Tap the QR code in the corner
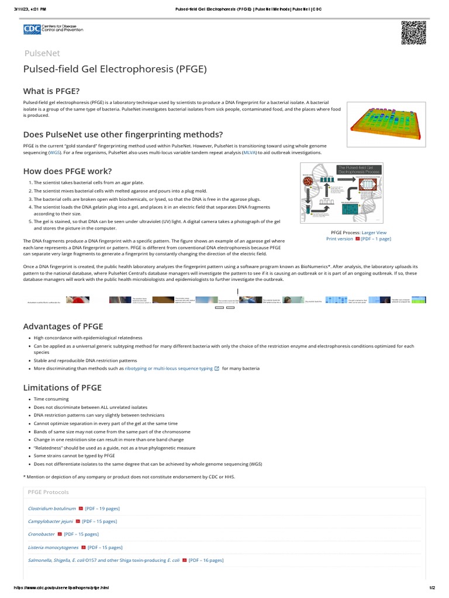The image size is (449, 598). point(413,32)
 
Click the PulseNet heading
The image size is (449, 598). point(42,53)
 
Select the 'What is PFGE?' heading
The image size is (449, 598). point(51,91)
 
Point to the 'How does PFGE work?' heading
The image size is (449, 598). point(67,171)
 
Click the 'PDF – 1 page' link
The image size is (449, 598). point(376,239)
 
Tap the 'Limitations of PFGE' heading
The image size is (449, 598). point(62,388)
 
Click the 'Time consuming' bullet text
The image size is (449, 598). point(51,399)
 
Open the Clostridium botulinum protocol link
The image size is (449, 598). point(52,509)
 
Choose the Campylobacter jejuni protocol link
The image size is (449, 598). point(50,521)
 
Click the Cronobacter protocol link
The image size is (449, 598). point(42,534)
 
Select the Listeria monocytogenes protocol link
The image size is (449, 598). point(53,547)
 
